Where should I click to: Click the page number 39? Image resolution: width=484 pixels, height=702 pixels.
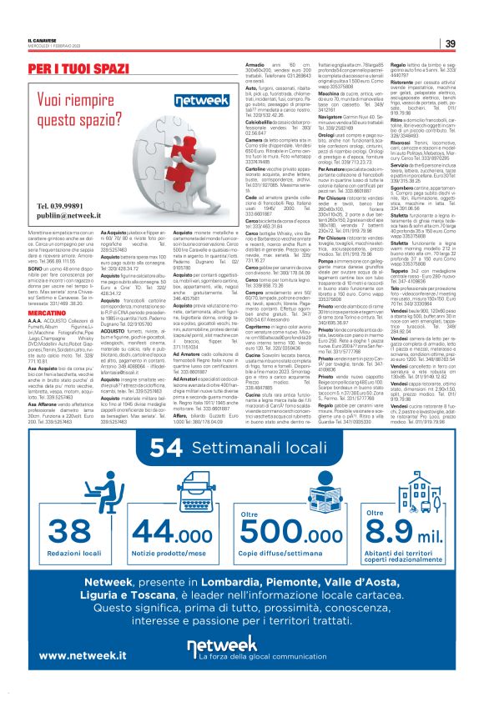[x=450, y=44]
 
